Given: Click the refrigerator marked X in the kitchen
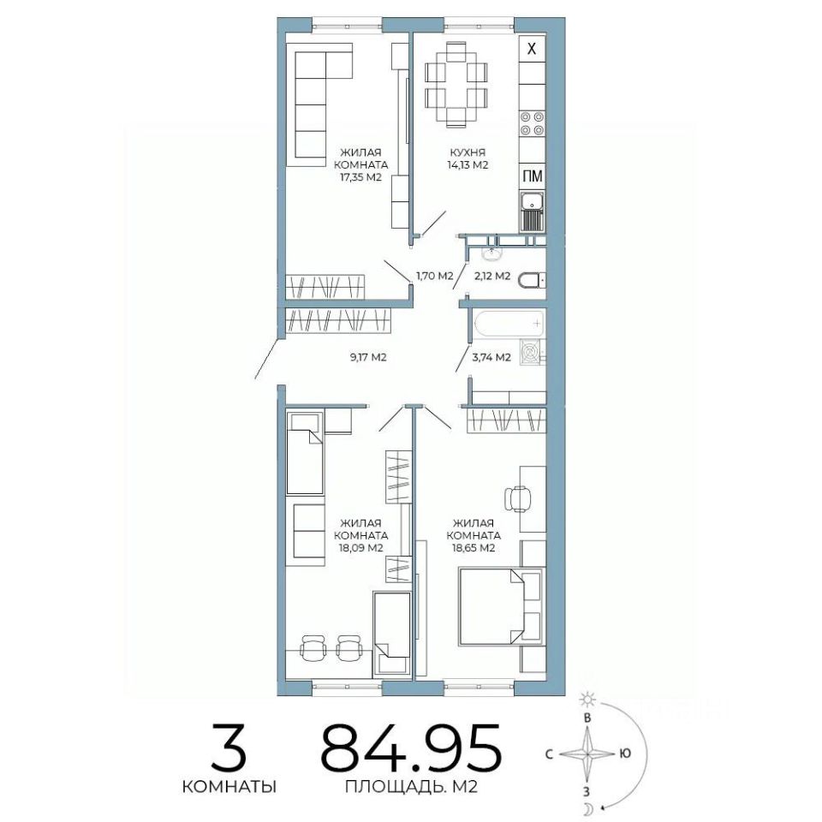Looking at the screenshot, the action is [532, 49].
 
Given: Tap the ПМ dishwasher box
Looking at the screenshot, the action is [532, 176].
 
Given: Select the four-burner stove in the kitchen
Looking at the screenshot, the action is [532, 123].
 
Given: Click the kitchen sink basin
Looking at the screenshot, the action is [532, 200].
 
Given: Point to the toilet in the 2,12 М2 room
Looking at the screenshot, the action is [532, 281].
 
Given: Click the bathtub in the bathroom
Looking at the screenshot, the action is [509, 323].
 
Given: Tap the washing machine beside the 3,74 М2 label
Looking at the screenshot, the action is [532, 352].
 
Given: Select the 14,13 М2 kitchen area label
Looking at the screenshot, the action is [468, 165].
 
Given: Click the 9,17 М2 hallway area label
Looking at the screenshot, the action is [367, 358].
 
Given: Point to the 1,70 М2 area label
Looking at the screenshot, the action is [435, 276].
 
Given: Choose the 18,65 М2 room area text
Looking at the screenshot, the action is [474, 548].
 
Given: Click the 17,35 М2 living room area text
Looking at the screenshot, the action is [360, 177].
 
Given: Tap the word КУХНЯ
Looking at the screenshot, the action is [468, 152].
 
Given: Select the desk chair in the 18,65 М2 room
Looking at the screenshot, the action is [516, 498].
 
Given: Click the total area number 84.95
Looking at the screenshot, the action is [411, 747].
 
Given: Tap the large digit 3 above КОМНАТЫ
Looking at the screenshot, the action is [229, 747].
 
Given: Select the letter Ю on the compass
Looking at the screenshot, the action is [624, 753].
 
